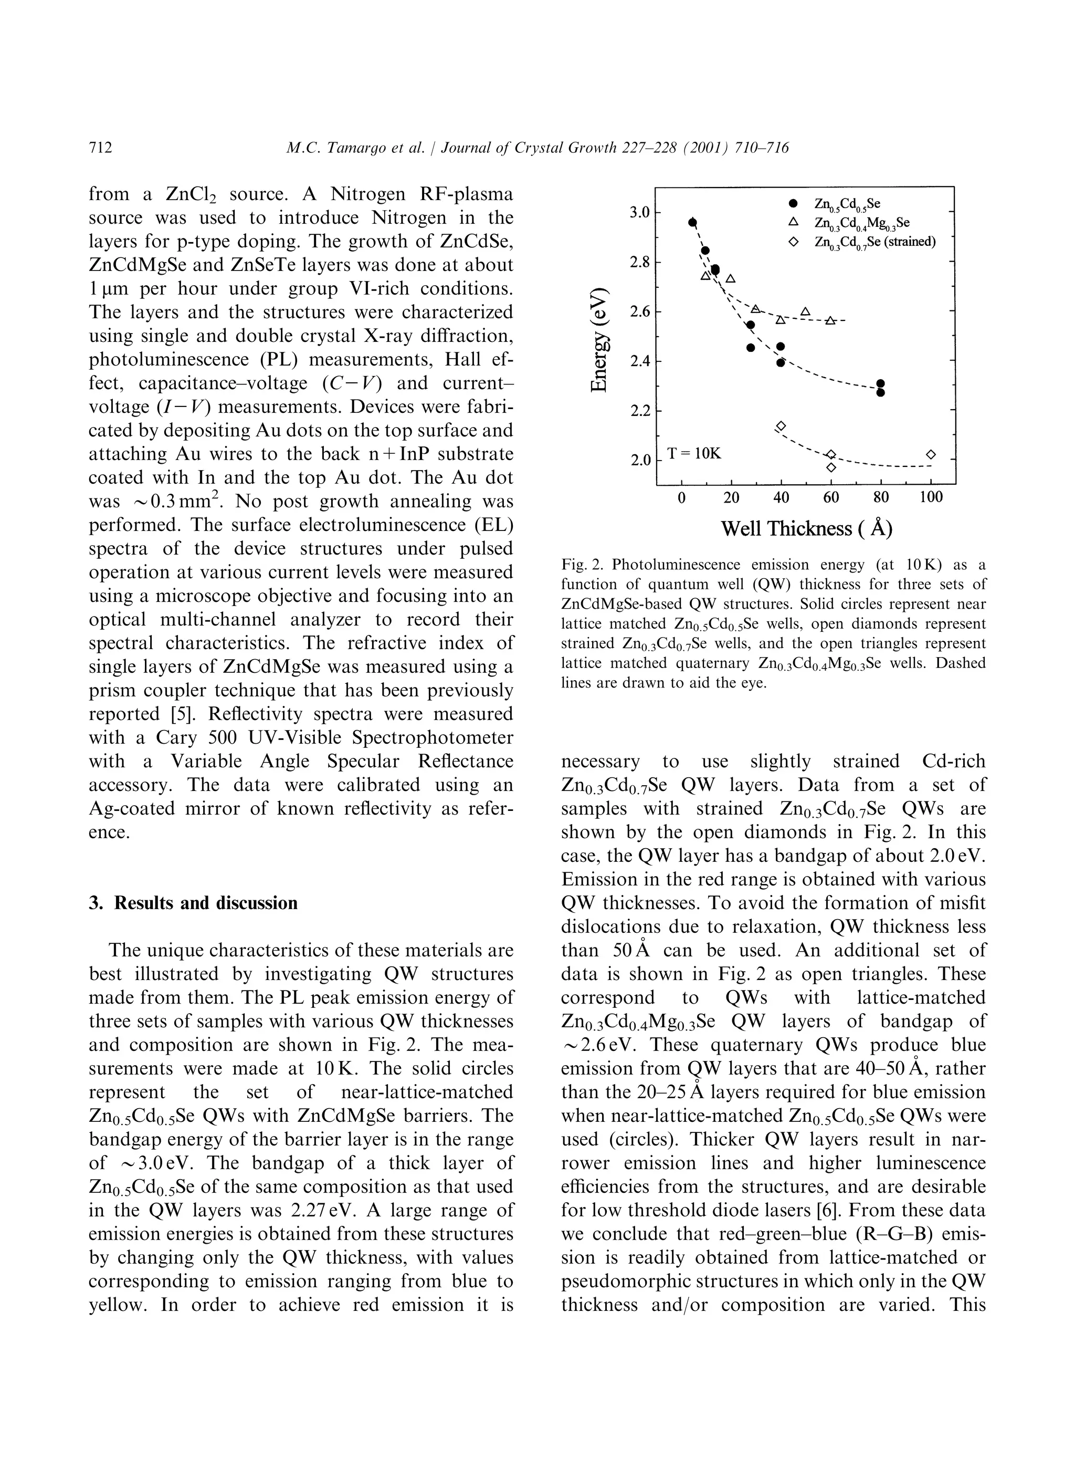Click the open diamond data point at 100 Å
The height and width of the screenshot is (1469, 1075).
(930, 454)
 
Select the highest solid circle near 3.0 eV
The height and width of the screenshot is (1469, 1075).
(692, 222)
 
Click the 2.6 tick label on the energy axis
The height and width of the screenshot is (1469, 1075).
(641, 311)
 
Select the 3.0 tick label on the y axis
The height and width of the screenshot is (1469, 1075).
(641, 212)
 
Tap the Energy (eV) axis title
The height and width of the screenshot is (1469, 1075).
(600, 339)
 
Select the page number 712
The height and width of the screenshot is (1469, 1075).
(100, 148)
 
